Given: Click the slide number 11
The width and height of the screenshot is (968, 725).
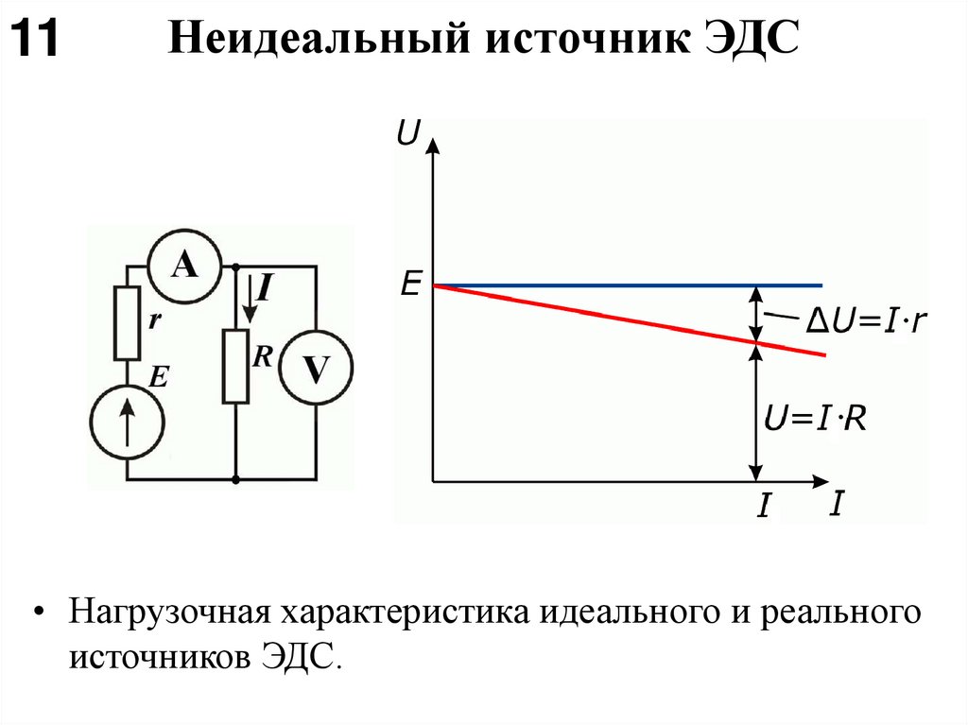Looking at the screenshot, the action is (35, 42).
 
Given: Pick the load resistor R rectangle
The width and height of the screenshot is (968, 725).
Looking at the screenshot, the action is (235, 367).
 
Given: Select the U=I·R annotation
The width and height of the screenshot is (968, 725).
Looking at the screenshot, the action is (815, 417).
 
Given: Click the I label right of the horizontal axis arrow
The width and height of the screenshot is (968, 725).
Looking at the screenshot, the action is (836, 504).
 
